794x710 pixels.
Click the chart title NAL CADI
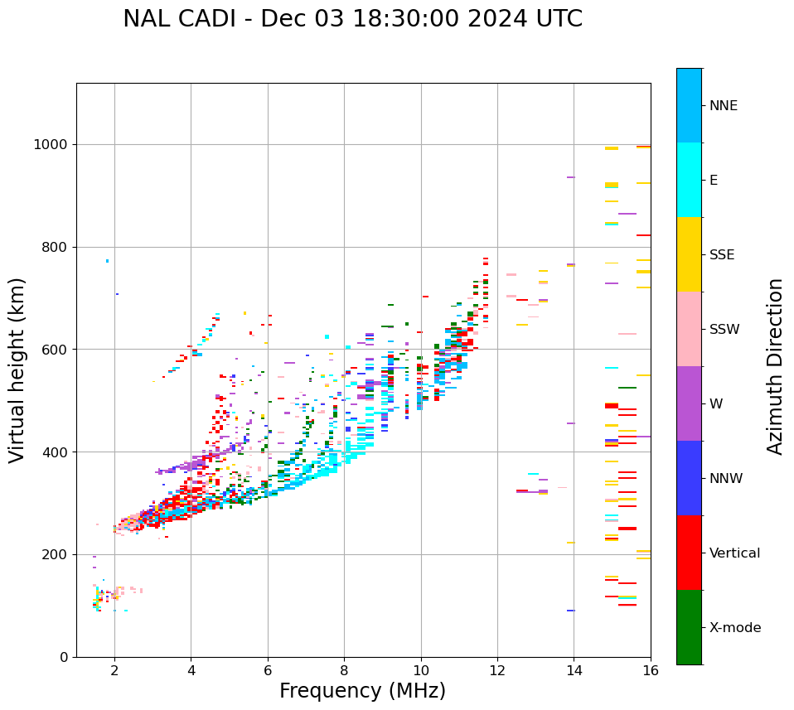[x=352, y=19]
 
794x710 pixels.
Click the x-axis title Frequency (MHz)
[x=362, y=691]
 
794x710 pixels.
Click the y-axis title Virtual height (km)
[x=17, y=370]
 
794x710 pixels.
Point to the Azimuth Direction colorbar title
[x=775, y=366]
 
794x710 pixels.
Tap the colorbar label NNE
[x=723, y=106]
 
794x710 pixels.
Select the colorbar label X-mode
[x=734, y=628]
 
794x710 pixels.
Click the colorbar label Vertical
[x=734, y=553]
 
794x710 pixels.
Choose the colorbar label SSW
[x=724, y=330]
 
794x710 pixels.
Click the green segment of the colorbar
[x=689, y=627]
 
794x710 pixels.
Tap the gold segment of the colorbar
[x=689, y=254]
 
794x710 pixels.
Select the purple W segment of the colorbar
[x=689, y=403]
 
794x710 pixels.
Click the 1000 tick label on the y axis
[x=51, y=144]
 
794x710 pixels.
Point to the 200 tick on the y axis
[x=56, y=554]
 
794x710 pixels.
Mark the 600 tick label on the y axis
[x=56, y=350]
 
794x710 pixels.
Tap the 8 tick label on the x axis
[x=344, y=670]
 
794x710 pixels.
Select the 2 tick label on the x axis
[x=114, y=670]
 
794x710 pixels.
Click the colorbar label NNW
[x=726, y=479]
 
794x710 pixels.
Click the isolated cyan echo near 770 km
[x=107, y=261]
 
